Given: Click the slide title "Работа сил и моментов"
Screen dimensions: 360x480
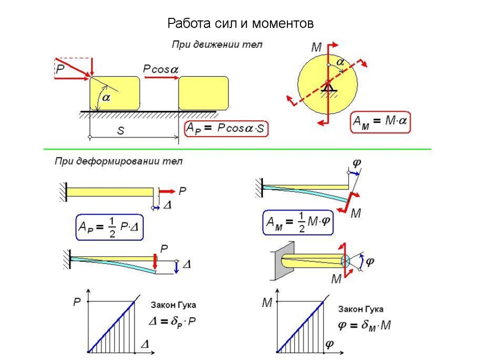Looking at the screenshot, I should tap(240, 23).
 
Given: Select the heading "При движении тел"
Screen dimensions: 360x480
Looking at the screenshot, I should tap(217, 45).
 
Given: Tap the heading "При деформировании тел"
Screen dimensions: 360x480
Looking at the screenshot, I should tap(119, 162).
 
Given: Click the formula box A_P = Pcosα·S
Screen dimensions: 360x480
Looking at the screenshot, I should tap(227, 128).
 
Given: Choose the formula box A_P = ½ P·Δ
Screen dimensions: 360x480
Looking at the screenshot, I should tap(110, 228).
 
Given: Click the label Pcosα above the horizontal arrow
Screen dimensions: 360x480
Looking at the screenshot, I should tap(161, 69).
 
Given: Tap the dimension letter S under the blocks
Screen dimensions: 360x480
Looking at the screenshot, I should tap(120, 131).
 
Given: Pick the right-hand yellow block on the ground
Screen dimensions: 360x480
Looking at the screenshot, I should tap(203, 93).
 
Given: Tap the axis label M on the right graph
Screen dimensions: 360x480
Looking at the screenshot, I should tap(267, 303).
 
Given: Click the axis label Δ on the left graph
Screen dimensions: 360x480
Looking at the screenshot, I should tap(145, 345).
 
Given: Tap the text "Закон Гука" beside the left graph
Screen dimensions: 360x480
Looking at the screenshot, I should tap(173, 305).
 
